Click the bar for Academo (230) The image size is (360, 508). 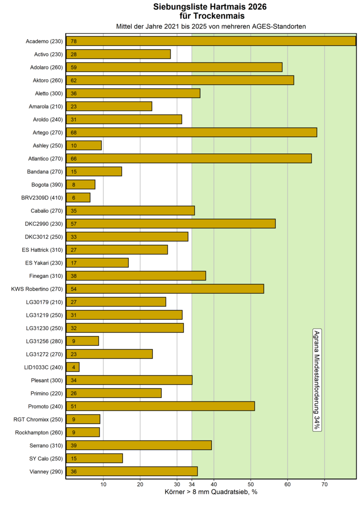coord(211,41)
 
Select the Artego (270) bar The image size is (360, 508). coord(191,132)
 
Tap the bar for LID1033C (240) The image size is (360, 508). coord(72,367)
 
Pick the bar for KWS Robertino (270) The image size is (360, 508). coord(165,289)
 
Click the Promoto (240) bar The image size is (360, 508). coord(160,406)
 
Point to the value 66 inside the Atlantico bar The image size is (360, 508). coord(74,158)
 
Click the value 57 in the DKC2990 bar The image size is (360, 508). coord(74,224)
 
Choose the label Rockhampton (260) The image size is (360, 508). coord(38,432)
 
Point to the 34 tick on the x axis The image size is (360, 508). coord(192,484)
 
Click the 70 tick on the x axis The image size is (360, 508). coord(324,484)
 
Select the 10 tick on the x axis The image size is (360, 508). coord(103,484)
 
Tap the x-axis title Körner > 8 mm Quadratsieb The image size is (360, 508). coord(211,492)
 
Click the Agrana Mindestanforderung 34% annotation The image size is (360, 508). coord(317,379)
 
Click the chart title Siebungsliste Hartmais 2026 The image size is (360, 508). coord(211,7)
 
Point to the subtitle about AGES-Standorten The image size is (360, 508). coord(211,26)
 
